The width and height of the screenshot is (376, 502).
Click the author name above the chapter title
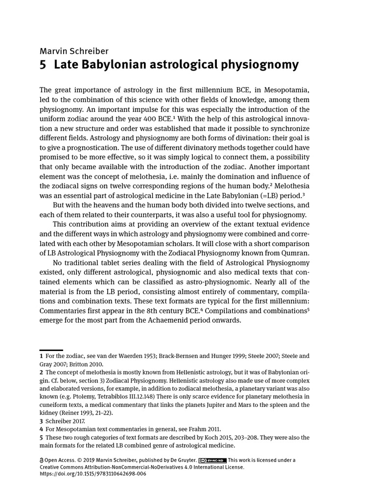coord(74,50)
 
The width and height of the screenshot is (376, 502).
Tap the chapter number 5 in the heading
coord(43,65)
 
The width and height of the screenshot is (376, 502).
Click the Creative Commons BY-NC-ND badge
coord(212,460)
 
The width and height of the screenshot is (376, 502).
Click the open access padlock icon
coord(41,460)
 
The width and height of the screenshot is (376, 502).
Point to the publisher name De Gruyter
coord(181,460)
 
